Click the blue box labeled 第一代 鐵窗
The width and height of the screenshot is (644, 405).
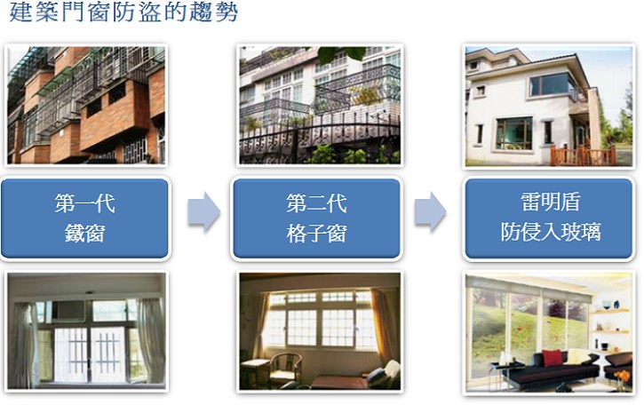point(85,218)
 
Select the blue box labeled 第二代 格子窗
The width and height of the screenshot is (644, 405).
point(316,218)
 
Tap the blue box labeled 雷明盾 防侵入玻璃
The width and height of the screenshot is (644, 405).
point(549,218)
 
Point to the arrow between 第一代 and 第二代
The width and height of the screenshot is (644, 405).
point(203,212)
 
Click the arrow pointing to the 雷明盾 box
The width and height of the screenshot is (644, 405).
point(431,212)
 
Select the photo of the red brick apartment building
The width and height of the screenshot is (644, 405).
point(86,105)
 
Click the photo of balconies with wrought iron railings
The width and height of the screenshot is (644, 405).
point(320,105)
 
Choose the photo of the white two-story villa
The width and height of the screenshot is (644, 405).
point(549,106)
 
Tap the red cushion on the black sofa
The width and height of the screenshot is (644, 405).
point(552,358)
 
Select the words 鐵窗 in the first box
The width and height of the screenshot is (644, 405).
point(85,233)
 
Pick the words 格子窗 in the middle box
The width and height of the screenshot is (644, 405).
point(316,233)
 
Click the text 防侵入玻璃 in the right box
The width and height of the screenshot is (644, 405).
point(551,232)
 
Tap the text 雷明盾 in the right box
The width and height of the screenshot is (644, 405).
point(551,202)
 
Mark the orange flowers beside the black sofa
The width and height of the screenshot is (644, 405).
point(622,377)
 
